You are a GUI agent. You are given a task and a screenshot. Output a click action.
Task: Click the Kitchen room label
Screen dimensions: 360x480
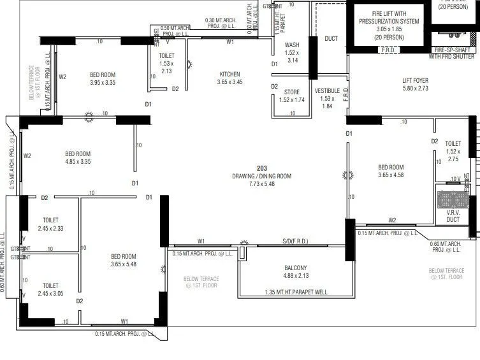(x=229, y=74)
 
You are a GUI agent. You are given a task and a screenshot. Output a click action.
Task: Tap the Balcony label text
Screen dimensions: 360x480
(x=295, y=268)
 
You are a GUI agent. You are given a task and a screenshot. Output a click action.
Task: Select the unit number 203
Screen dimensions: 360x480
(x=262, y=168)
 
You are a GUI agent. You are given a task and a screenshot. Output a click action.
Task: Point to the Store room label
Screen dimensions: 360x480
(x=291, y=92)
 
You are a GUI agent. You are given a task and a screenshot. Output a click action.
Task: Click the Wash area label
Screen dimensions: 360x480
(x=293, y=45)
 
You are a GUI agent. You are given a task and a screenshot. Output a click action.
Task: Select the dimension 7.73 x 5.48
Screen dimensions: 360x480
(x=262, y=184)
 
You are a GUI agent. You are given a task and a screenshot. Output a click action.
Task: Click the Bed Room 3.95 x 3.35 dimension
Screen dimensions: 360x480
(x=103, y=82)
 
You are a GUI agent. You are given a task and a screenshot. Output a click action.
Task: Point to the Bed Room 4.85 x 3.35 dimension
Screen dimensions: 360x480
(x=78, y=161)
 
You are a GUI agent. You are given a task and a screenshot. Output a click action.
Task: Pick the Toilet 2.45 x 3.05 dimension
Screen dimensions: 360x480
(x=50, y=293)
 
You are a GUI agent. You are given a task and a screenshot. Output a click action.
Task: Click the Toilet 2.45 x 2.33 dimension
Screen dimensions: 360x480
(x=50, y=228)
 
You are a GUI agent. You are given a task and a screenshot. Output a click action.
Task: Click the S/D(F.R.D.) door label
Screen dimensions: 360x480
(x=295, y=240)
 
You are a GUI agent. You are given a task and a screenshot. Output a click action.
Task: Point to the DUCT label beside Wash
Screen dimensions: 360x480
(x=331, y=39)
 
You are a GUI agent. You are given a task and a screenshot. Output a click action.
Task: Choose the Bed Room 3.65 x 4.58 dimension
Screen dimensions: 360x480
(x=391, y=175)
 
